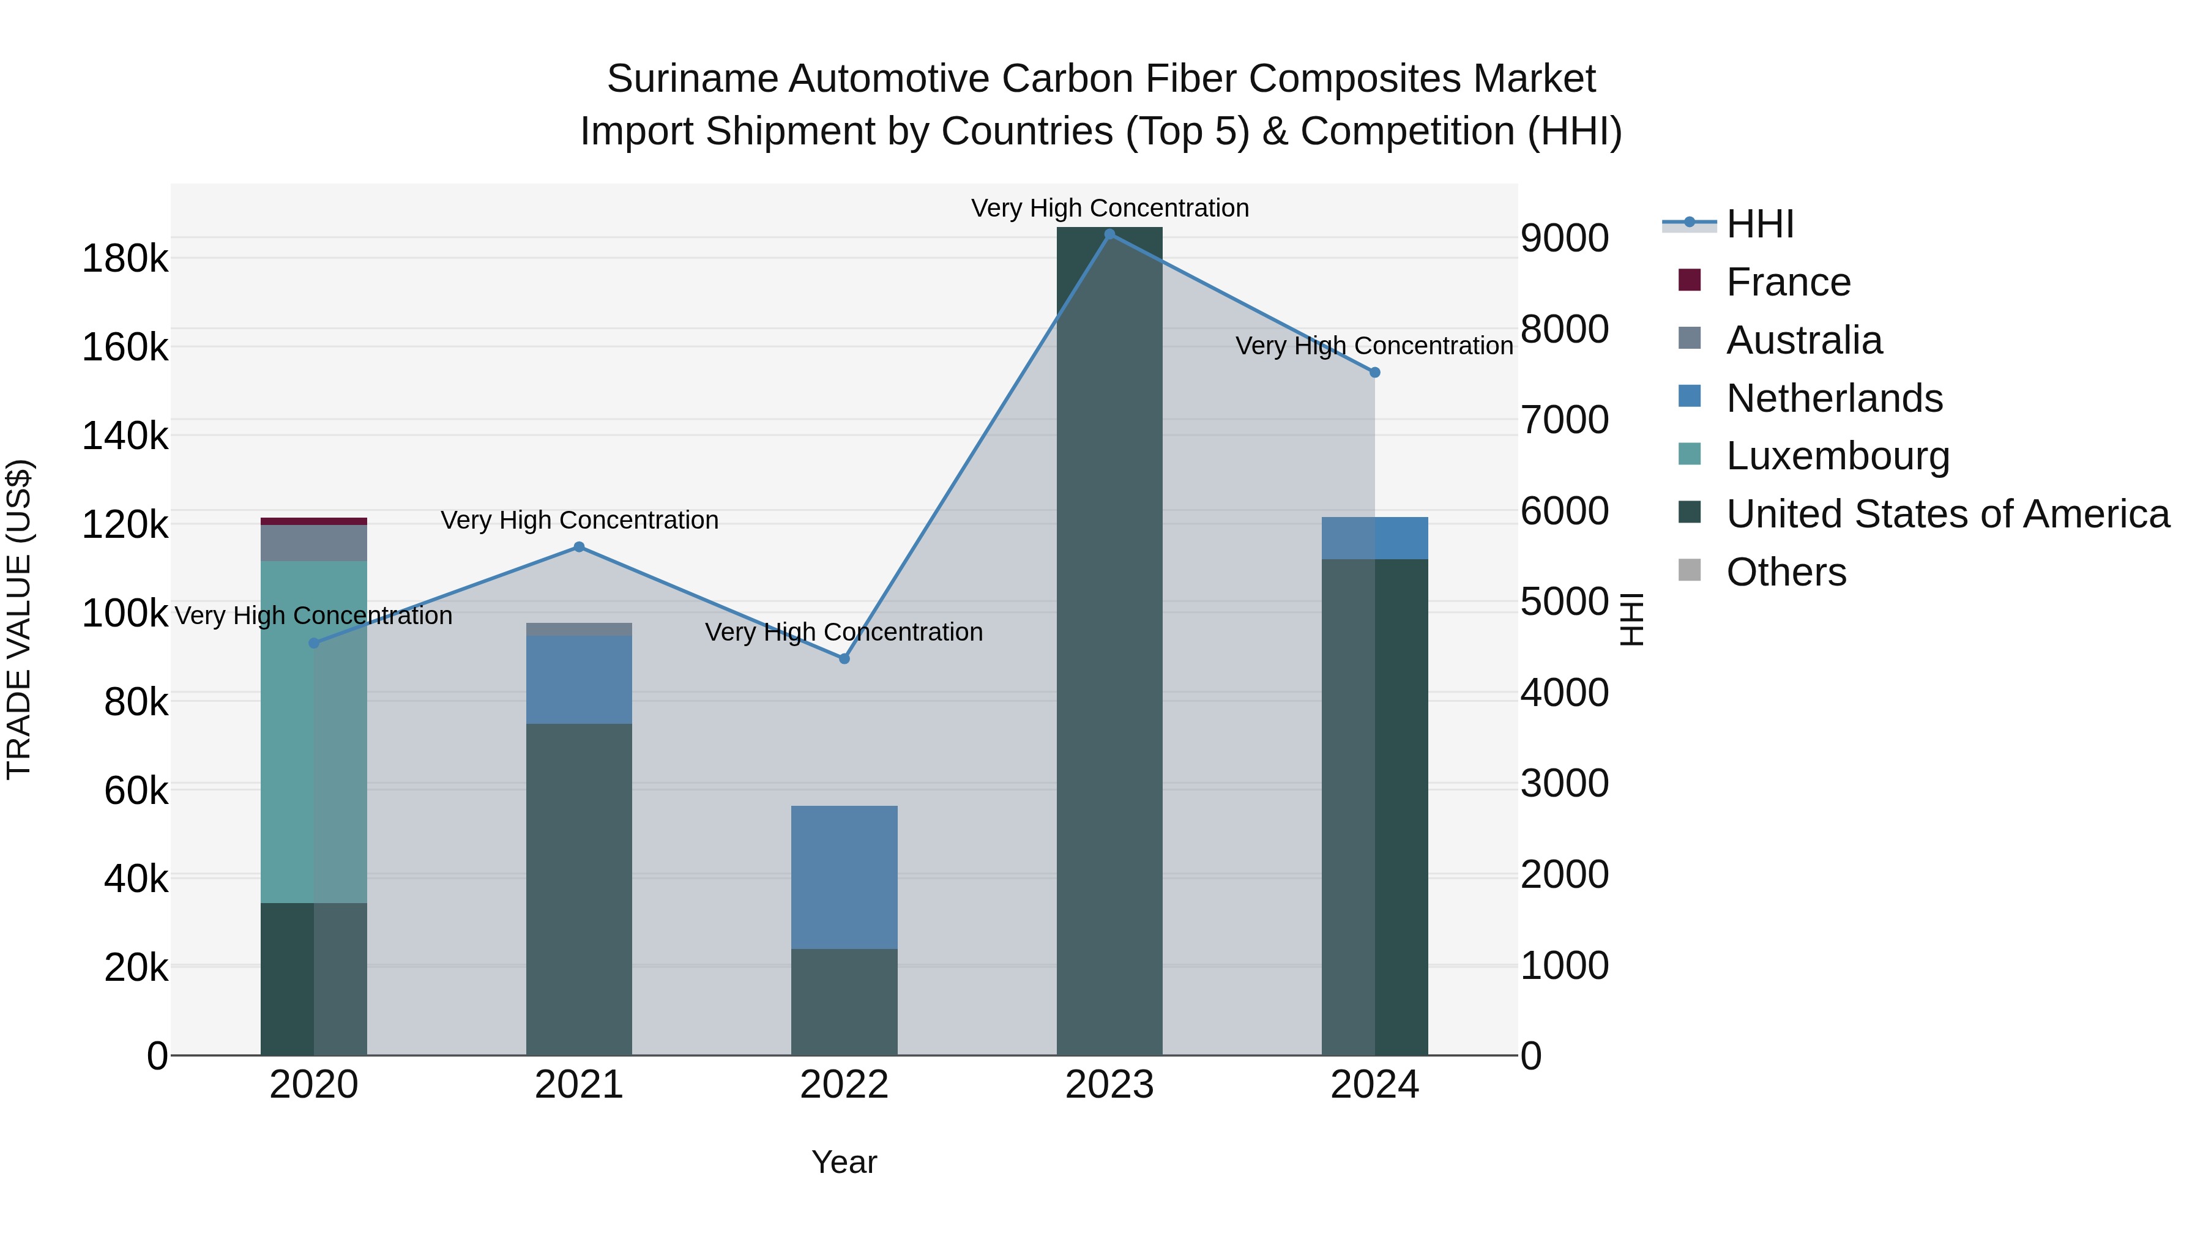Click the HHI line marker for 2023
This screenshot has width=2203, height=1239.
click(1109, 234)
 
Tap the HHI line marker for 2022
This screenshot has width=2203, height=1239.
click(844, 658)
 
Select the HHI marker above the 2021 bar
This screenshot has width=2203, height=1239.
click(579, 547)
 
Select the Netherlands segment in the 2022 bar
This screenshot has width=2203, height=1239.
click(844, 876)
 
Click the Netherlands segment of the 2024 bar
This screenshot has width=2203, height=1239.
click(1374, 538)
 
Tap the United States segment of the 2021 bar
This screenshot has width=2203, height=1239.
click(579, 889)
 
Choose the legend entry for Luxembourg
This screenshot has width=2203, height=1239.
click(1837, 456)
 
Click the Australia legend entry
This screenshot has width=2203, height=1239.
click(1803, 340)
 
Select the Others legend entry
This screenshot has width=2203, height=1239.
click(1786, 572)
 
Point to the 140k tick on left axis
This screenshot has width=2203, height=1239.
click(125, 436)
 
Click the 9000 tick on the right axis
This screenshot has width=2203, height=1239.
click(1564, 238)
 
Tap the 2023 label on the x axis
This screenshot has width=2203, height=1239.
click(1109, 1085)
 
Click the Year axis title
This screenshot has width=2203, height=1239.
click(844, 1162)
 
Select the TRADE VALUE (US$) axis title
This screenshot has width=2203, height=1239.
click(19, 619)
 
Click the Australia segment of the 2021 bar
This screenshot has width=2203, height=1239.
click(579, 630)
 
